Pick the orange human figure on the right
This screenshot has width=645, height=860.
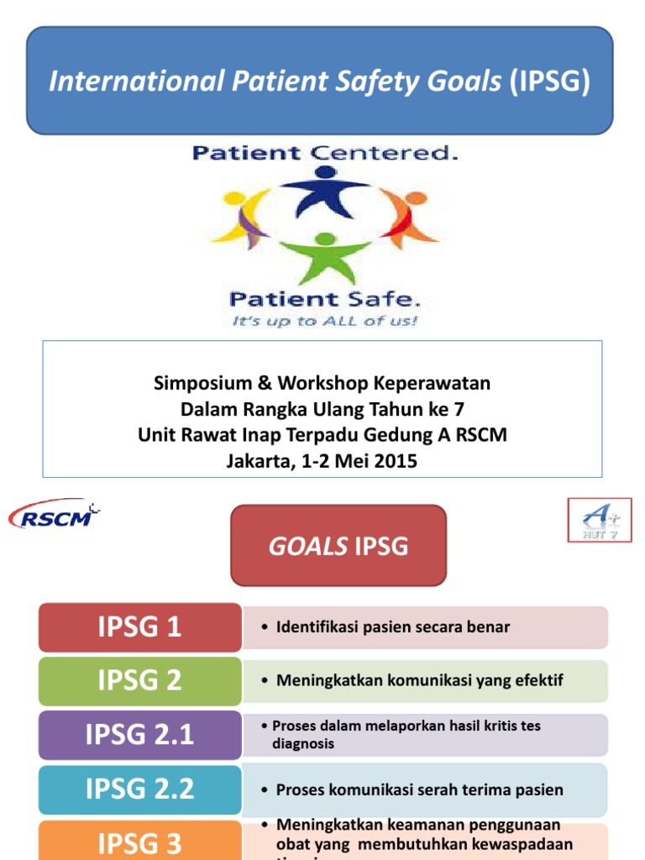point(409,217)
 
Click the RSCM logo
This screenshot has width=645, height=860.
point(54,514)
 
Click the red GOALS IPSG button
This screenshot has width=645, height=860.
point(338,546)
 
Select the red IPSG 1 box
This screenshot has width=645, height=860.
point(139,627)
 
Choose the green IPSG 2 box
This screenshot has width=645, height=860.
point(139,680)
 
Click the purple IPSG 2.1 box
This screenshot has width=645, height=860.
point(139,734)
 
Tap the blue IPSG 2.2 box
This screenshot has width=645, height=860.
point(139,788)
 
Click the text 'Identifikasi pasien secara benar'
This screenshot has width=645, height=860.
point(391,627)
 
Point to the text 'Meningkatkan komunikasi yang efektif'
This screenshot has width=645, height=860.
point(418,680)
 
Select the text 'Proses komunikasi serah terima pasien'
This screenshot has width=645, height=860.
point(419,789)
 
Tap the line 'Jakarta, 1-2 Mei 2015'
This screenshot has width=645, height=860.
point(322,461)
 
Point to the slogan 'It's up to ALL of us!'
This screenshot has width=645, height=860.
point(323,322)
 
